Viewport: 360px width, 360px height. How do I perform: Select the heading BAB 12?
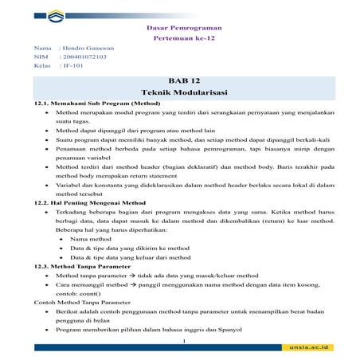click(183, 81)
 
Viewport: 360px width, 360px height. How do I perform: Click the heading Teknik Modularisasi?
click(183, 93)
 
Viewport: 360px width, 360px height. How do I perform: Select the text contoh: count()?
click(80, 293)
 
